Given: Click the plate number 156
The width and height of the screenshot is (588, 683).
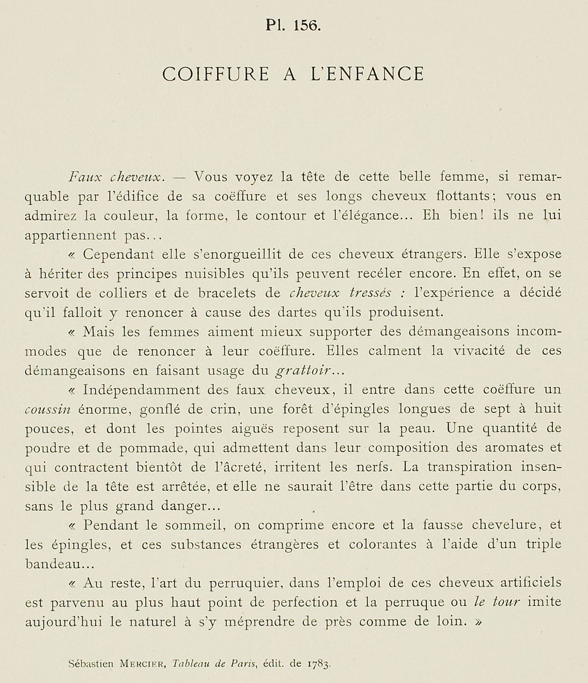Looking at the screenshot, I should (x=306, y=25).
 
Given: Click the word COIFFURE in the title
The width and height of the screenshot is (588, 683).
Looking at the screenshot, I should (x=216, y=74).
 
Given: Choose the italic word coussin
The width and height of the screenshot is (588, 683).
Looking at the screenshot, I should (x=47, y=409).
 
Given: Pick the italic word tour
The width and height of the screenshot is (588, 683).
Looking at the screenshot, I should (x=505, y=602).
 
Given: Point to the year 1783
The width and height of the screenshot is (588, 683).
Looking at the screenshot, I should (x=317, y=664).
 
